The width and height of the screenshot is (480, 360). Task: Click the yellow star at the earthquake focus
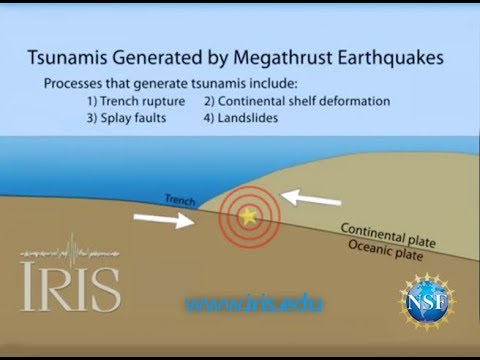pos(248,216)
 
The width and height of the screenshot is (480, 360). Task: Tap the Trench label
pos(180,200)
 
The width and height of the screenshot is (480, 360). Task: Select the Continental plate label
pos(388,235)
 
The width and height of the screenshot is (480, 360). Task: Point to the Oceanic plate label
pos(386,250)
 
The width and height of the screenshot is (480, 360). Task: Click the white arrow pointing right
pos(164,220)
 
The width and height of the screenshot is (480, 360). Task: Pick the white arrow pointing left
pos(311,198)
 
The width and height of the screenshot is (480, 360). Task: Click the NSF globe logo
pos(427,302)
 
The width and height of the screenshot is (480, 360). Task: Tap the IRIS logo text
pos(70,285)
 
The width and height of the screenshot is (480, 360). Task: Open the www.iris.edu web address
pos(254,304)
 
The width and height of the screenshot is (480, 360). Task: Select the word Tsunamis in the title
pos(67,57)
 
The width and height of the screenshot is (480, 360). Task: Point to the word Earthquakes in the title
pos(391,57)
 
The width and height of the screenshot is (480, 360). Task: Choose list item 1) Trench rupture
pos(136,101)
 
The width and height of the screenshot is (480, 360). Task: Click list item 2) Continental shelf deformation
pos(297,101)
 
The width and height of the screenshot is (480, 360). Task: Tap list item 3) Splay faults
pos(126,118)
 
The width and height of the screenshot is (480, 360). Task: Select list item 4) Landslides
pos(241,118)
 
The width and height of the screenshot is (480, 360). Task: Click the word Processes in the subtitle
pos(73,83)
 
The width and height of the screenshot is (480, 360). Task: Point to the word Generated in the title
pos(157,57)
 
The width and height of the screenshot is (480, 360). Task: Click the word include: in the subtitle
pos(273,83)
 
